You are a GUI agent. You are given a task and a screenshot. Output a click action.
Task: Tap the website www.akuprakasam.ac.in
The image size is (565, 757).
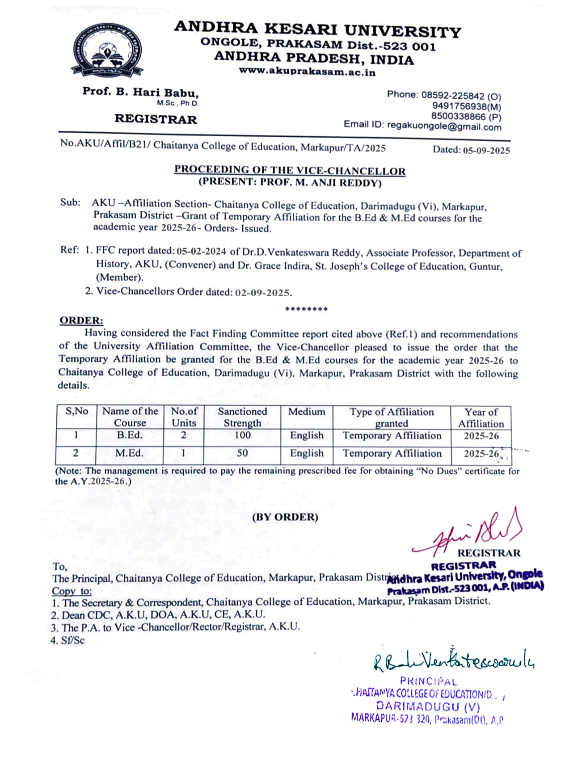[x=307, y=71]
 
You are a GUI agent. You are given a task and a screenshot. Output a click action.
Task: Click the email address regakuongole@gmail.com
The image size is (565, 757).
[x=444, y=126]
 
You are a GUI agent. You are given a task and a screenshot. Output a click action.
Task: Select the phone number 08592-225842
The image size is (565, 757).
[x=452, y=96]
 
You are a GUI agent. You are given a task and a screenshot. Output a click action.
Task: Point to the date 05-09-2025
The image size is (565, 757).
[x=486, y=150]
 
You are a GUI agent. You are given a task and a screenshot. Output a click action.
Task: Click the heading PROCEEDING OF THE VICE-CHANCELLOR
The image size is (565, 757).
[x=290, y=170]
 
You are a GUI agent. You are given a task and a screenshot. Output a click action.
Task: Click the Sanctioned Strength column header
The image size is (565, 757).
[x=242, y=417]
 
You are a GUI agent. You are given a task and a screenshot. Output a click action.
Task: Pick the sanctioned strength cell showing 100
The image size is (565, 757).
[x=242, y=435]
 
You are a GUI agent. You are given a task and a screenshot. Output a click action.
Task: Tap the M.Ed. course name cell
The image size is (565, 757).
[x=130, y=453]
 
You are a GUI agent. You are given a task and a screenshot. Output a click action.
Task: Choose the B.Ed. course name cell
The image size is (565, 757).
[x=130, y=435]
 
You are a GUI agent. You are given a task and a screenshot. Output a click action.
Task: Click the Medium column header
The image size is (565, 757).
[x=307, y=412]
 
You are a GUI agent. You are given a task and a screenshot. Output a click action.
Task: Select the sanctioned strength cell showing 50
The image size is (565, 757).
[x=242, y=453]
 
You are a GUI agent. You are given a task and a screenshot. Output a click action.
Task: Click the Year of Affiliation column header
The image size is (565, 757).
[x=481, y=418]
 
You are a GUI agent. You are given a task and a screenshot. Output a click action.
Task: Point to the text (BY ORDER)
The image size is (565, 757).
[x=285, y=517]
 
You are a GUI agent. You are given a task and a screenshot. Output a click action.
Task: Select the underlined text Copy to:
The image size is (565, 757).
[x=72, y=591]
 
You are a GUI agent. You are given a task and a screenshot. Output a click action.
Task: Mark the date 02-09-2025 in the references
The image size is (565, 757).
[x=263, y=293]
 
